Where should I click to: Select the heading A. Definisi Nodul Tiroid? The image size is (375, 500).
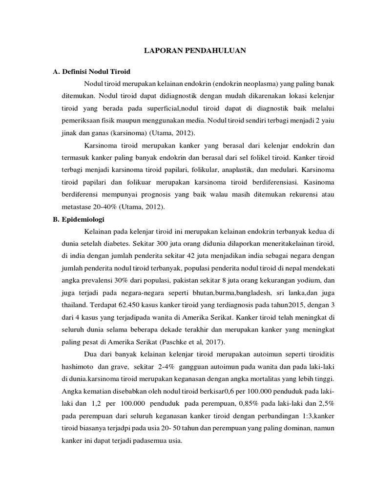coord(91,72)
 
